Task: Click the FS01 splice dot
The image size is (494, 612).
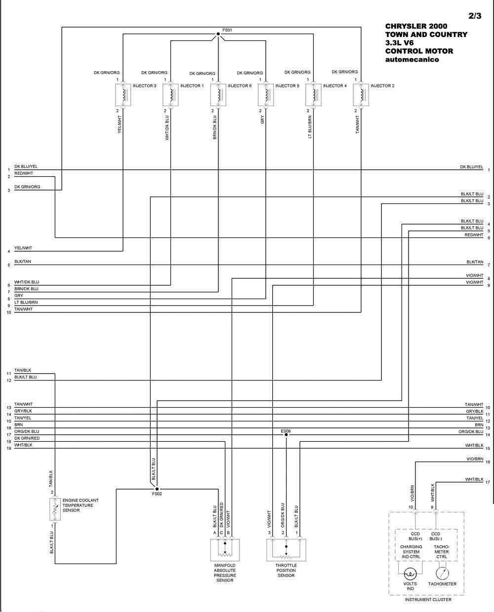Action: click(218, 34)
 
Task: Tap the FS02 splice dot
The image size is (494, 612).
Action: click(157, 489)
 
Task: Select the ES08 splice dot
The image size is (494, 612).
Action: click(286, 435)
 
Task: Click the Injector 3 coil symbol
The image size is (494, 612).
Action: click(123, 95)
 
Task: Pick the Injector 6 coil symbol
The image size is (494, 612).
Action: click(218, 95)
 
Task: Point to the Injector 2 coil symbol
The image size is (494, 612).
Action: click(361, 95)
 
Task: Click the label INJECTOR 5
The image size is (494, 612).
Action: click(288, 86)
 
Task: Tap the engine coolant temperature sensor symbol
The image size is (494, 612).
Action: click(55, 509)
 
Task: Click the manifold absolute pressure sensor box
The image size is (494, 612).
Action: click(225, 550)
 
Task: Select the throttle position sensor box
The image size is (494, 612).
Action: click(286, 550)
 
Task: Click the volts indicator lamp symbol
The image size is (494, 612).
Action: click(411, 574)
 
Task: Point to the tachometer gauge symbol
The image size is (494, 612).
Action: click(443, 574)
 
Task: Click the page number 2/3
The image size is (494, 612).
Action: click(475, 16)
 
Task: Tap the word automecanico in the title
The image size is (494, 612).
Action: click(412, 60)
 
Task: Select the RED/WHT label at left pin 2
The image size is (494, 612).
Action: click(24, 173)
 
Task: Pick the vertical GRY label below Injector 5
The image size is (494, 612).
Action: click(262, 120)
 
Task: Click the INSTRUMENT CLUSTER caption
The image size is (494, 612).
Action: click(428, 600)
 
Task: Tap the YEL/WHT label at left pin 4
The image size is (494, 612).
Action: click(23, 248)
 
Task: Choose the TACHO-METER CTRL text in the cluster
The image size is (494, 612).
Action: click(442, 552)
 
